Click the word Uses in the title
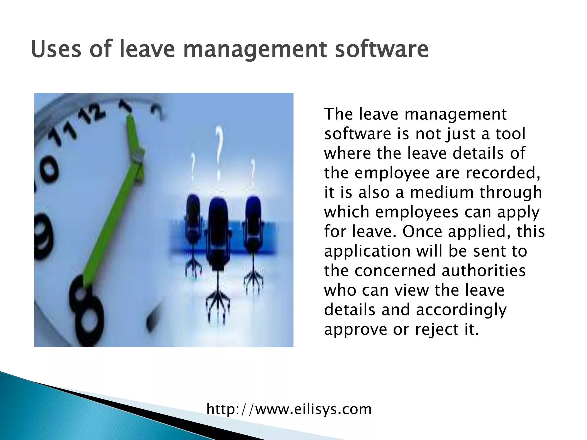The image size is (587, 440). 56,49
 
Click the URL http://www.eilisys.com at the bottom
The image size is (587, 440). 289,409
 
